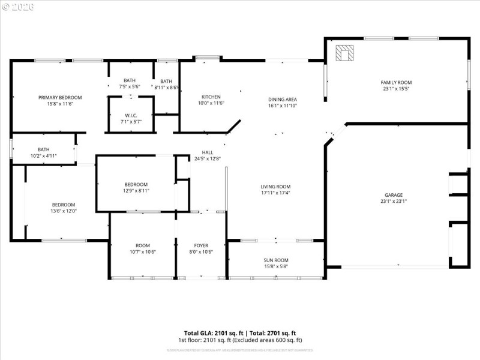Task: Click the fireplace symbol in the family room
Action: (x=344, y=53)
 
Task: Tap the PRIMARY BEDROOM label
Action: (x=60, y=97)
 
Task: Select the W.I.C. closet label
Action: (x=131, y=115)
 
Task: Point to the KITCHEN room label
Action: (x=211, y=97)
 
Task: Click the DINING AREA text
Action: (x=283, y=99)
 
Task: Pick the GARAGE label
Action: (x=394, y=194)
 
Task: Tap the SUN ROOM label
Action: (x=276, y=260)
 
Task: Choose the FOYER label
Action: (x=201, y=245)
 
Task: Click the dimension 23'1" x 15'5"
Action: (x=396, y=89)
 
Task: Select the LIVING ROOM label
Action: (x=275, y=186)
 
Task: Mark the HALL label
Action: (x=208, y=152)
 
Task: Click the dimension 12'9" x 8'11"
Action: (x=136, y=191)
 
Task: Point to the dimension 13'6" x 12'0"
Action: (x=63, y=211)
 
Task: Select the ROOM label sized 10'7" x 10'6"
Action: (x=142, y=245)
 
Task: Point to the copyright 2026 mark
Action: (x=18, y=7)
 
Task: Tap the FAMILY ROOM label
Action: (x=396, y=82)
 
